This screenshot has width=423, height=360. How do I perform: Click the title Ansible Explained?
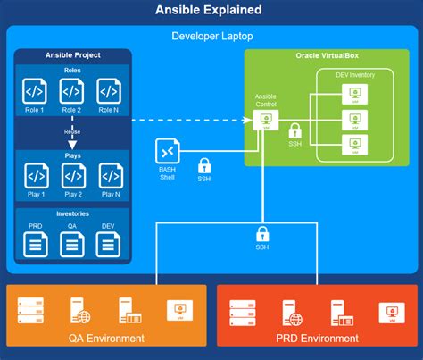(211, 10)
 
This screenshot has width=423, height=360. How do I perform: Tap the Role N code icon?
(109, 90)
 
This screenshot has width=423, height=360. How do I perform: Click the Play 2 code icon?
(73, 174)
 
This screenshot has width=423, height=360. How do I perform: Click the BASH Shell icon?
(168, 152)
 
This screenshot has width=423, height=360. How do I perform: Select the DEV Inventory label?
(355, 75)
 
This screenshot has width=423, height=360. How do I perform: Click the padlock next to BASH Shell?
(203, 165)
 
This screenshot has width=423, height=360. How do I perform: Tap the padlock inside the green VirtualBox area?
(294, 130)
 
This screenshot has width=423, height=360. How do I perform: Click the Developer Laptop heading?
(211, 37)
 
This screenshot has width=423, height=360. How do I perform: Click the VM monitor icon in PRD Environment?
(387, 312)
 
